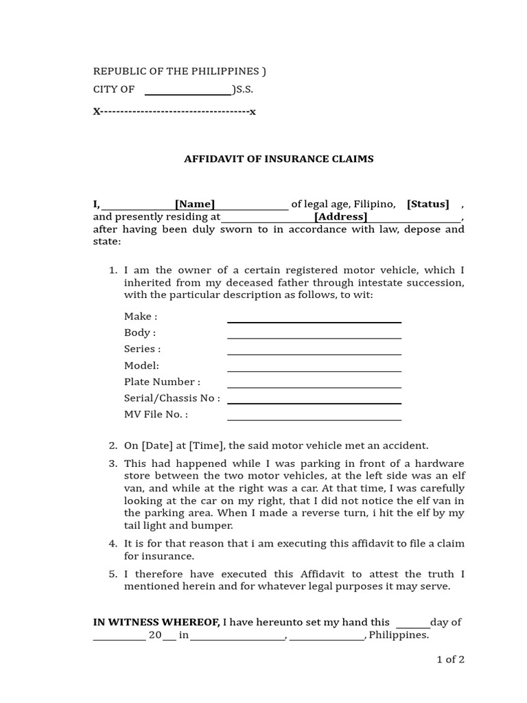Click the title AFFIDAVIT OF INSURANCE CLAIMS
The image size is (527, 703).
(x=279, y=159)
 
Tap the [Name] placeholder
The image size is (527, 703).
(x=195, y=204)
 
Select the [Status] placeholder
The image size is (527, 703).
(x=428, y=204)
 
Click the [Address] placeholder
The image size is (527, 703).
(x=341, y=217)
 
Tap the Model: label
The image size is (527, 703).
(x=141, y=365)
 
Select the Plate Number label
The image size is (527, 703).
(x=162, y=382)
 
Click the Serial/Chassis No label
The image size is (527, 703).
(x=172, y=398)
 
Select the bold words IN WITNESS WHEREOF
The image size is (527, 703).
(x=156, y=622)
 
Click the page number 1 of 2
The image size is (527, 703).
(x=451, y=660)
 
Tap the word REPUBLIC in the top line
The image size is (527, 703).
(x=120, y=71)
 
